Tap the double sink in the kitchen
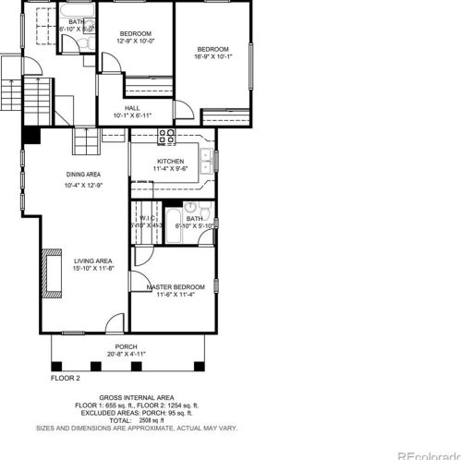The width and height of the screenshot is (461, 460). click(x=211, y=164)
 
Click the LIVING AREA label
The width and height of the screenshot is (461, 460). click(x=92, y=260)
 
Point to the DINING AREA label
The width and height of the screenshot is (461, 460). click(x=83, y=174)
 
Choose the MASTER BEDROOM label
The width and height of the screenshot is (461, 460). click(x=176, y=286)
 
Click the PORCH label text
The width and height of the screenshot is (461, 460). click(x=127, y=346)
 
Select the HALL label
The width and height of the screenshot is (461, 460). click(x=131, y=107)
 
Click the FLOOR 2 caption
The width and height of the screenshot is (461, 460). click(x=65, y=378)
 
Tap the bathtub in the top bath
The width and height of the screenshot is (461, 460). click(x=40, y=26)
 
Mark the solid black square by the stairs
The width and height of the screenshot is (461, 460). click(x=31, y=135)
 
